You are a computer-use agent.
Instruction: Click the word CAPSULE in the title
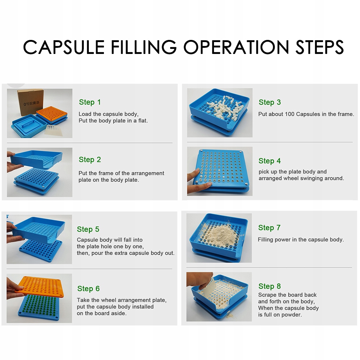[x=64, y=47]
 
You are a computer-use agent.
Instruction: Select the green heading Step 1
[x=90, y=102]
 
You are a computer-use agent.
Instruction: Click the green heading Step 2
[x=90, y=160]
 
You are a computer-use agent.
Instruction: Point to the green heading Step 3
[x=269, y=102]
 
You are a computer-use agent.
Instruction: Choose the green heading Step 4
[x=269, y=161]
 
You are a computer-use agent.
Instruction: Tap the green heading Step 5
[x=88, y=229]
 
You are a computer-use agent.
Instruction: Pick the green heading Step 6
[x=88, y=288]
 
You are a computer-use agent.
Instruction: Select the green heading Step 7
[x=269, y=228]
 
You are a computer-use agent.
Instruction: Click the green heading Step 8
[x=269, y=286]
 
